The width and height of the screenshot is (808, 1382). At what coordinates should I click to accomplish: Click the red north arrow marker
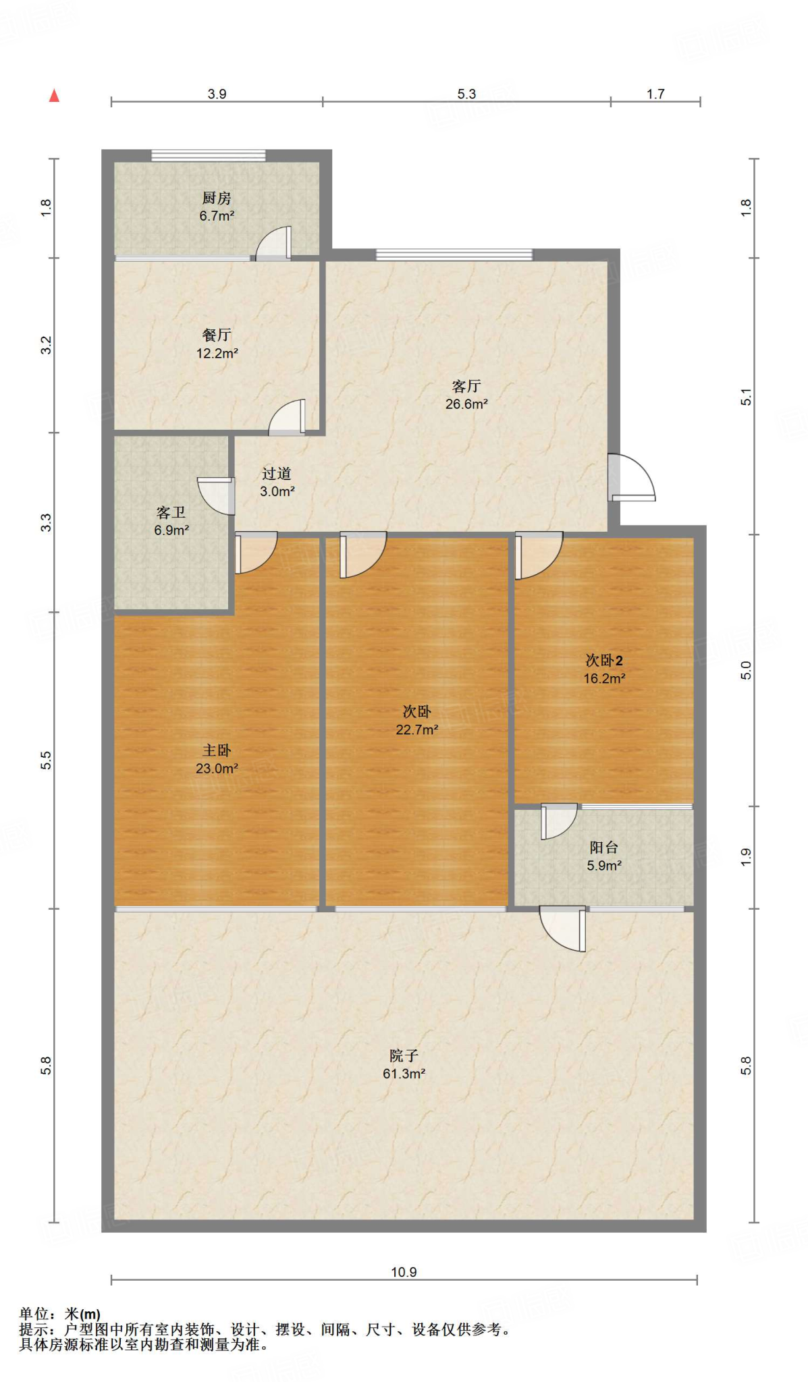(55, 96)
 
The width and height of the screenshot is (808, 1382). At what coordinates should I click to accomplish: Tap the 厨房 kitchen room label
(217, 198)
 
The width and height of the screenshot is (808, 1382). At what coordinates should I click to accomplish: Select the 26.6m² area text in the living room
(466, 404)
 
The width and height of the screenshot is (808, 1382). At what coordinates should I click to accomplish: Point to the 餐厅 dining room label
(217, 335)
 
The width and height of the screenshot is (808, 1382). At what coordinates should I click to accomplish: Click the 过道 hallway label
(277, 474)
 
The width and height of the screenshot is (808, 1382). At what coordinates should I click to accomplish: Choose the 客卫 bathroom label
(171, 513)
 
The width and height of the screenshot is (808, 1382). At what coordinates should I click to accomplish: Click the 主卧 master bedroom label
(217, 750)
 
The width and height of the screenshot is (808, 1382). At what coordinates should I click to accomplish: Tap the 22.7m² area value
(417, 729)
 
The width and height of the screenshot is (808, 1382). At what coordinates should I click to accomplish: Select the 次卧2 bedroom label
(604, 661)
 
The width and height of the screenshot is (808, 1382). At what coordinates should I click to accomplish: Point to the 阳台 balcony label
(604, 848)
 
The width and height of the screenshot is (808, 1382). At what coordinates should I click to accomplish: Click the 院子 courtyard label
(404, 1055)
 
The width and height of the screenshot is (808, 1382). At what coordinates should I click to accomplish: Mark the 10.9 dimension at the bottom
(404, 1272)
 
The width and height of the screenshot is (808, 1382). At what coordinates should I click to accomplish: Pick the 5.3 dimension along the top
(466, 94)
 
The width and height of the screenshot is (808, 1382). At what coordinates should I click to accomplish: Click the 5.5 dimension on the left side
(45, 761)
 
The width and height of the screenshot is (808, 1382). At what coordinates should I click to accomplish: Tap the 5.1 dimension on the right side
(746, 397)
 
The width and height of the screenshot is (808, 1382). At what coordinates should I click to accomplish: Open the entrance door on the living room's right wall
(632, 477)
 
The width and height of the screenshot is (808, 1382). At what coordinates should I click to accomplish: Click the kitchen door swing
(273, 243)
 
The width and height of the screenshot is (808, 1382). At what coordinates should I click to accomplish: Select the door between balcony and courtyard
(563, 929)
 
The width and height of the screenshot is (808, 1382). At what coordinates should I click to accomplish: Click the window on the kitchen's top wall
(209, 155)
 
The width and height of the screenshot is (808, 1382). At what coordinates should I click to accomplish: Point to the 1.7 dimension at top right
(655, 94)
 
